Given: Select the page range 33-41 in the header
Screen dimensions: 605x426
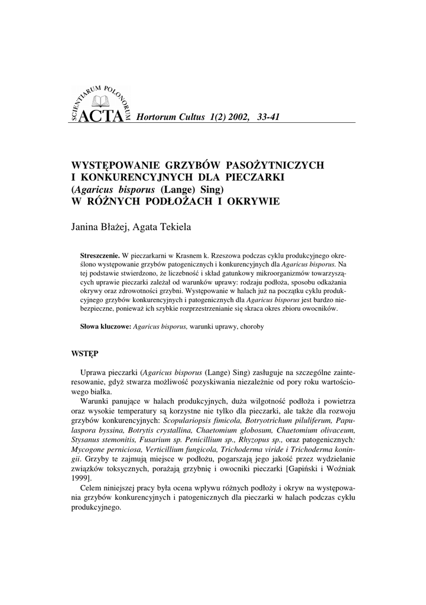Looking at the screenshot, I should coord(268,117).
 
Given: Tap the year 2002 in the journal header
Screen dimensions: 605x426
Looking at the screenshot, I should coord(236,117).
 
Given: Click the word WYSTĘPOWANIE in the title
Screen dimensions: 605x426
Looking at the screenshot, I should coord(112,165).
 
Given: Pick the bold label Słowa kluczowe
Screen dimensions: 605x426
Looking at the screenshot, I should coord(105,326).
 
